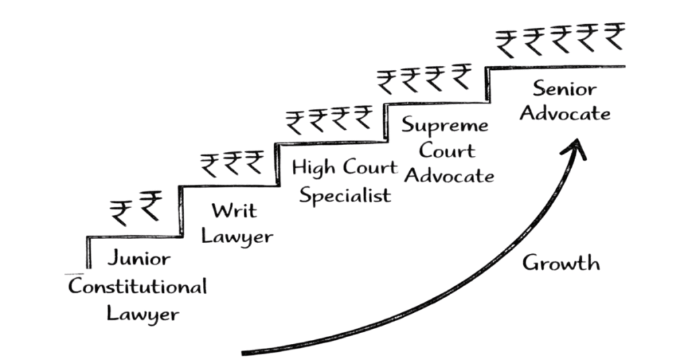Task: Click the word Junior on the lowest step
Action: point(139,259)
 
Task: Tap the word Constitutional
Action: point(137,287)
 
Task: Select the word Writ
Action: point(233,210)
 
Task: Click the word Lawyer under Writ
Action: point(237,236)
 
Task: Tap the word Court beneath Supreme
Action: point(448,150)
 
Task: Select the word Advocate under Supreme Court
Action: point(449,176)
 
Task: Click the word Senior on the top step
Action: point(565,87)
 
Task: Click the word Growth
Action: point(560,263)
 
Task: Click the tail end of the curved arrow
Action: point(245,351)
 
